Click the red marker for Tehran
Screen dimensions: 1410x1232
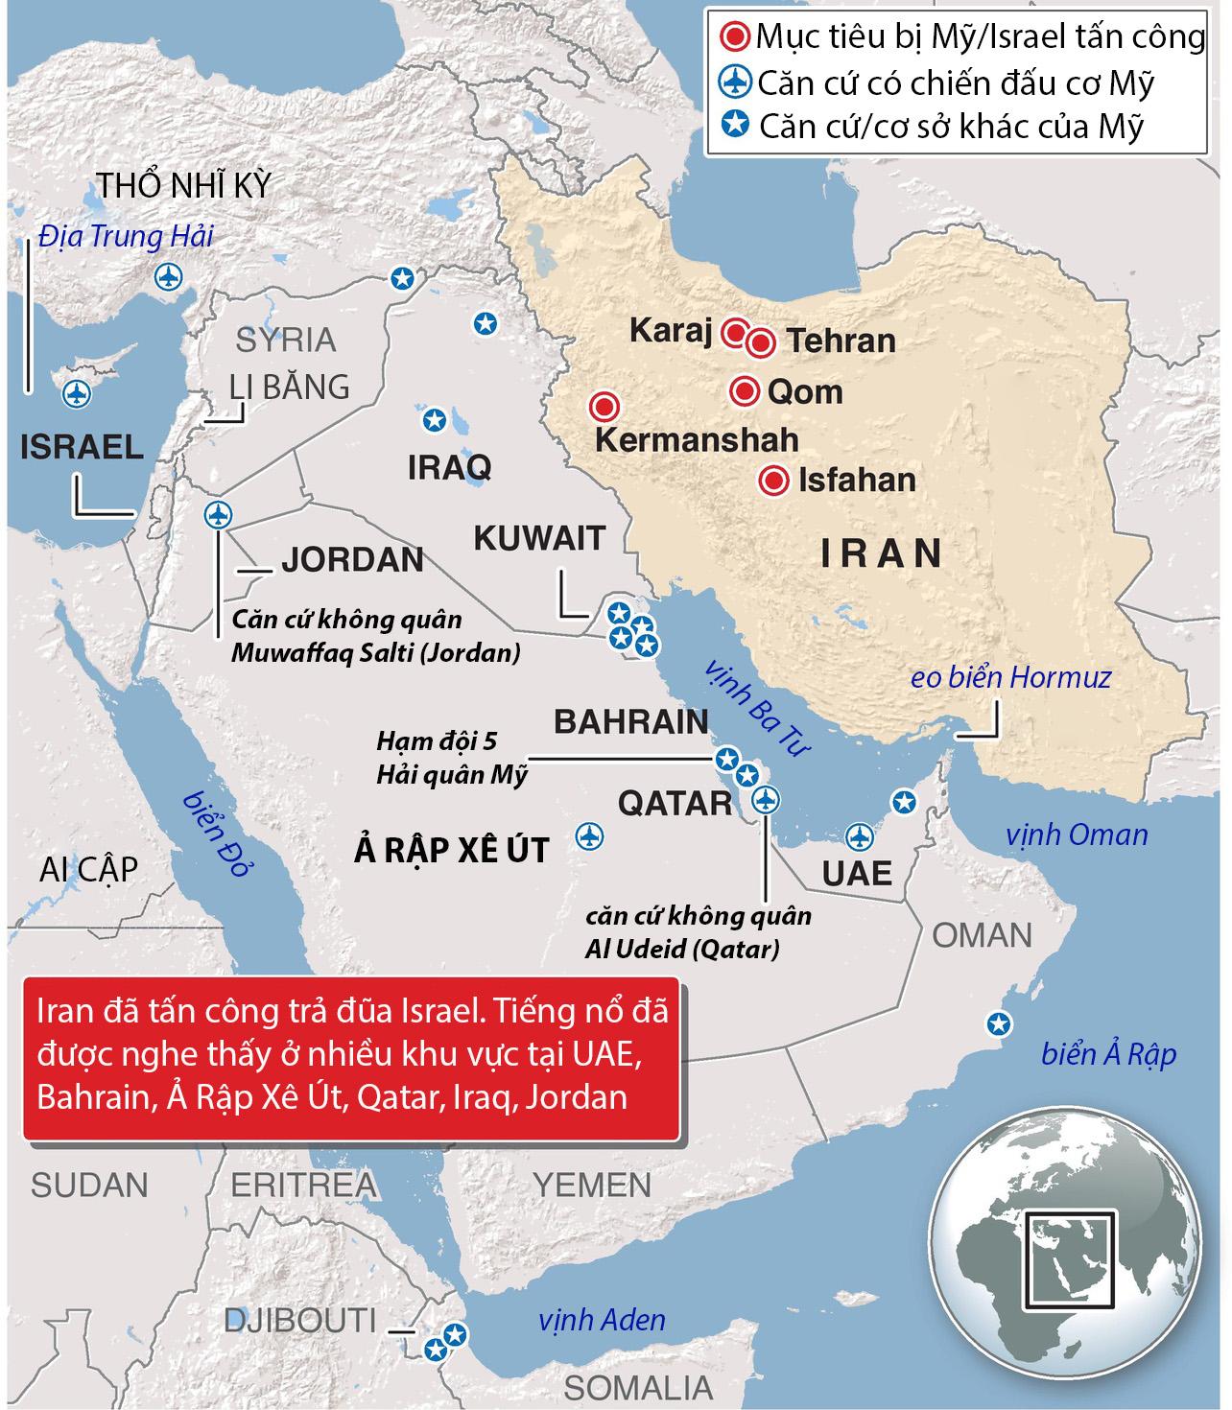tap(761, 342)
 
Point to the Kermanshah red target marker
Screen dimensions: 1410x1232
tap(604, 407)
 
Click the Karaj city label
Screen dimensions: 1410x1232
tap(671, 332)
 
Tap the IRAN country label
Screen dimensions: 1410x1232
tap(881, 553)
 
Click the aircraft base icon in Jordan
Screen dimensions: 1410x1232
tap(219, 514)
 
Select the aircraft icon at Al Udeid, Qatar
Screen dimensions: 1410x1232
tap(765, 798)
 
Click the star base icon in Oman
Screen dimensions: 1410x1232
tap(1000, 1024)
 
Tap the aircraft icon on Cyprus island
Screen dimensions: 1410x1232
tap(74, 393)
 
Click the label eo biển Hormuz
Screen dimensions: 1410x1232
tap(1010, 678)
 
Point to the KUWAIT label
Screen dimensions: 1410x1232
tap(539, 538)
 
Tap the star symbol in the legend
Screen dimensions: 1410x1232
tap(735, 124)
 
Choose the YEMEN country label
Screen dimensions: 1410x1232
tap(591, 1186)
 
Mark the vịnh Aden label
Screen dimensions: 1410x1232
tap(602, 1321)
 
